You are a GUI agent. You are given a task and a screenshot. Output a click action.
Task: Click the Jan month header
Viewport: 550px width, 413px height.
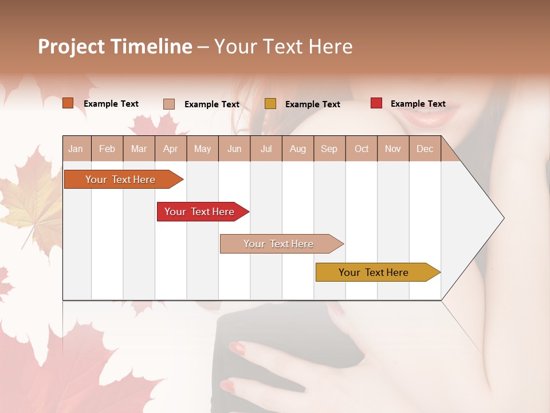[x=76, y=149]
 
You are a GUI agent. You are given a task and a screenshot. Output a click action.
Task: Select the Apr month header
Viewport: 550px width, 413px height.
[x=170, y=149]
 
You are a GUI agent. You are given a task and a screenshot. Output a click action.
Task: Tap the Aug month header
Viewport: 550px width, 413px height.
[x=297, y=149]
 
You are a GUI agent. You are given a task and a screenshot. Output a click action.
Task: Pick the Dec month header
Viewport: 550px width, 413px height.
[x=425, y=149]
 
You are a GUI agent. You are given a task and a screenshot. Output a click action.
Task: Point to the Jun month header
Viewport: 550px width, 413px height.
[x=234, y=149]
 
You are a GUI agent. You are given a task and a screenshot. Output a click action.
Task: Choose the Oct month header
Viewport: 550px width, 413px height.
[x=362, y=149]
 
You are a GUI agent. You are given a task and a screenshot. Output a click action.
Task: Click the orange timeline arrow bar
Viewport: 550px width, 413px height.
[x=120, y=180]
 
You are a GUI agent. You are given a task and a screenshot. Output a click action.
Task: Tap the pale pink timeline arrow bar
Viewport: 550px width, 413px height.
[x=278, y=244]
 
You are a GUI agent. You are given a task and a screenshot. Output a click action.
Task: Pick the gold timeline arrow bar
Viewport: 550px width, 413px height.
[x=374, y=272]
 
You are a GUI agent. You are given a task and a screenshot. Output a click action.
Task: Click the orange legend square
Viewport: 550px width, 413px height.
[x=68, y=103]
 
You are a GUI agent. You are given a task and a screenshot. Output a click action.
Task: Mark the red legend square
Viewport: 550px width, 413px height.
[x=376, y=103]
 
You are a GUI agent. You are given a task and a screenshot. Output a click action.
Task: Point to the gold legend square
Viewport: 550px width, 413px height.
[x=270, y=104]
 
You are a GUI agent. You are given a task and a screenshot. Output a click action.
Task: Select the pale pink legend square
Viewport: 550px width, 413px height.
[x=169, y=104]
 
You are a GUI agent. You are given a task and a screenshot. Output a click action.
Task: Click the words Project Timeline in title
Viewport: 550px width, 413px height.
[x=115, y=46]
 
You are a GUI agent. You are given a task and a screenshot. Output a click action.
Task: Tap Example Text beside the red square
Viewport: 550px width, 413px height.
[x=418, y=104]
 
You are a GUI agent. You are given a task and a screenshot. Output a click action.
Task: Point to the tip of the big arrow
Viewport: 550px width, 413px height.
[x=503, y=218]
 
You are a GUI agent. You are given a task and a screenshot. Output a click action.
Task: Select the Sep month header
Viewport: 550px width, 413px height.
[x=329, y=149]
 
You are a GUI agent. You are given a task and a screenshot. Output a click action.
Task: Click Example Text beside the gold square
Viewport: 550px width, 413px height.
[x=312, y=104]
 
